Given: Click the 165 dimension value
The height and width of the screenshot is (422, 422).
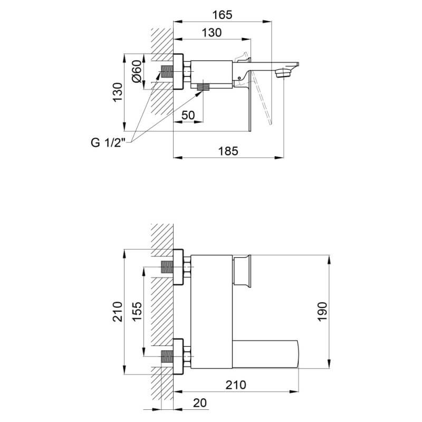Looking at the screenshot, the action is click(222, 15).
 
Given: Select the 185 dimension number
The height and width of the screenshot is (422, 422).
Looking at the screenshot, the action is click(228, 151).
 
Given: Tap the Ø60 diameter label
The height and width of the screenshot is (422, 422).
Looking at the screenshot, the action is click(137, 71).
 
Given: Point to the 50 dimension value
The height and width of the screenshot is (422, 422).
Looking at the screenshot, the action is click(188, 115).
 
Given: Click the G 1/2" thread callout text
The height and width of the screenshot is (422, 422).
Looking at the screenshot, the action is click(108, 142).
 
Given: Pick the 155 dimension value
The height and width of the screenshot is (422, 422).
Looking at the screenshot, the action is click(137, 311).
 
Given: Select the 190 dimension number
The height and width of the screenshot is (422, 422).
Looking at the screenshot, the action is click(322, 311).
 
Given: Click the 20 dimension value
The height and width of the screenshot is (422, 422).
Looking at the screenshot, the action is click(200, 403).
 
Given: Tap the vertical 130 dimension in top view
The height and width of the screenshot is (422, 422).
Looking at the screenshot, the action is click(118, 92).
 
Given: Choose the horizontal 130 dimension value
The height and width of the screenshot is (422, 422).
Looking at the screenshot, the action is click(212, 33).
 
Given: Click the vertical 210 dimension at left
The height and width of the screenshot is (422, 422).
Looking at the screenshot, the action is click(118, 312).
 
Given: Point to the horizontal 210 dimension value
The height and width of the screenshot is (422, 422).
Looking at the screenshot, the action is click(236, 385).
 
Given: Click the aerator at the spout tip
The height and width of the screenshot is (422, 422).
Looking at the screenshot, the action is click(283, 73).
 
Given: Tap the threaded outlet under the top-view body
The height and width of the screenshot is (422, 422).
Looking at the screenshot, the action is click(203, 87).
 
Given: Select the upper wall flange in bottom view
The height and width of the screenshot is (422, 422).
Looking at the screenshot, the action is click(178, 267).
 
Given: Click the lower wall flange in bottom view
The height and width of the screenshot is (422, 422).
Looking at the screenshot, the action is click(178, 357).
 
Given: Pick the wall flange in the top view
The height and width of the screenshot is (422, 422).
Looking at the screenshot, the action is click(178, 72).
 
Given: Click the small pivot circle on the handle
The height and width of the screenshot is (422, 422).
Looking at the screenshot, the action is click(239, 78).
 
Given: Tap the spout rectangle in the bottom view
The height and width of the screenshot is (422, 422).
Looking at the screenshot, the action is click(265, 354).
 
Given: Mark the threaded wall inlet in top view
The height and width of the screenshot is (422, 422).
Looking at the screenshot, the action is click(167, 72).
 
